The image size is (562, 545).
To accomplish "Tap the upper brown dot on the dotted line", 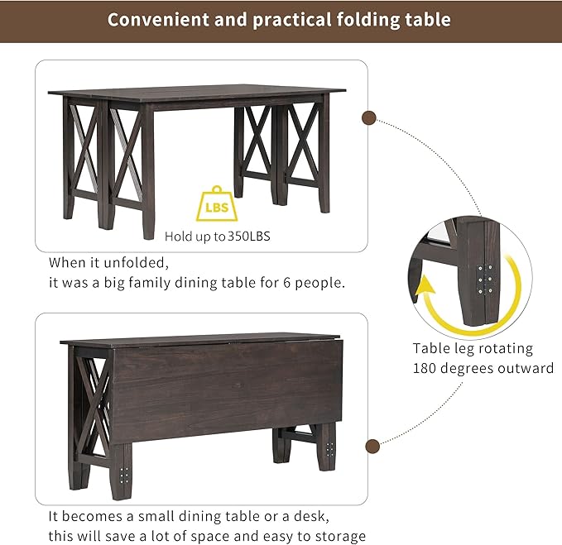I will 370,118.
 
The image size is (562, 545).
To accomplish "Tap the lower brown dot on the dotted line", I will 373,446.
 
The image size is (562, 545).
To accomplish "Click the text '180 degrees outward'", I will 483,368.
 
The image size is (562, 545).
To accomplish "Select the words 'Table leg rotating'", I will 473,348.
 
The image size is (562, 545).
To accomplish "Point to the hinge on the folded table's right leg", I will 330,449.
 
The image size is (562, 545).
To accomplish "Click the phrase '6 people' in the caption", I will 316,282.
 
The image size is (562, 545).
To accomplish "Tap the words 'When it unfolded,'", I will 108,262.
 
